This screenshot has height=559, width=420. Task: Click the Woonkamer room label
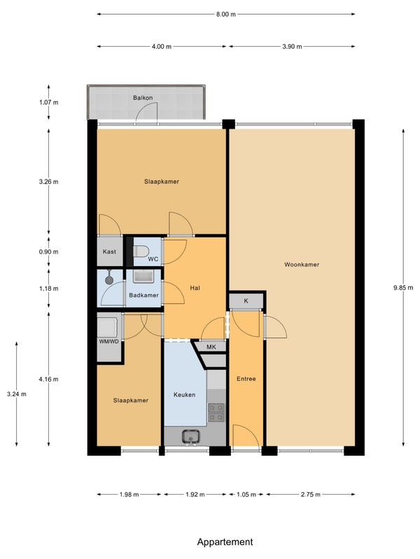pos(302,265)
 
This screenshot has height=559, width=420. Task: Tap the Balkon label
pos(143,98)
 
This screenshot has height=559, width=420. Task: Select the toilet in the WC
pos(141,251)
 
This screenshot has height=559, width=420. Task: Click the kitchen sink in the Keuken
pos(190,437)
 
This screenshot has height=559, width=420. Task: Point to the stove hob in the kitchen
pos(216,412)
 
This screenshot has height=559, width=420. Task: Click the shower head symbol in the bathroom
pos(109,279)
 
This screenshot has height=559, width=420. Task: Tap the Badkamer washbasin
pos(143,276)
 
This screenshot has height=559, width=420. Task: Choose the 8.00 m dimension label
pos(225,14)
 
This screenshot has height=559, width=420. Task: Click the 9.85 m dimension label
pos(403,288)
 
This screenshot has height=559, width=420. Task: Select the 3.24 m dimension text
pos(16,394)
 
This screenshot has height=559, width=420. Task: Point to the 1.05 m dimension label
pos(246,495)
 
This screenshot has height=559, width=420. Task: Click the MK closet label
pos(211,347)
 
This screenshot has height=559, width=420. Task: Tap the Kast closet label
pos(109,252)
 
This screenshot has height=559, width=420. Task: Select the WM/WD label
pos(109,342)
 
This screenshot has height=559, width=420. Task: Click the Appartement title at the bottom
pos(225,542)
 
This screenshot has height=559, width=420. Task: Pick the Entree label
pos(246,379)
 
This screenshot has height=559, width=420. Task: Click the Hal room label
pos(195,288)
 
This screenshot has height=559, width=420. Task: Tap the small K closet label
pos(246,301)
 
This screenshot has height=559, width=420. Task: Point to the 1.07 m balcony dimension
pos(48,102)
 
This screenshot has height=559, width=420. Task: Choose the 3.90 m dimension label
pos(292,46)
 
